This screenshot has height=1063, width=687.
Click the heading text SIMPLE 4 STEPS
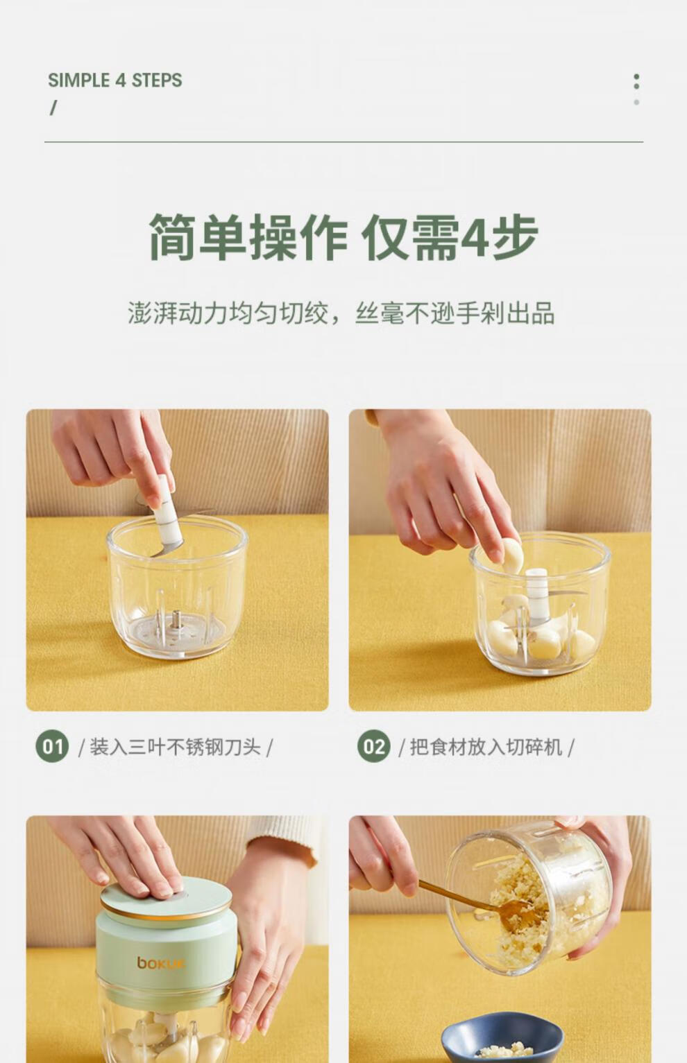(115, 80)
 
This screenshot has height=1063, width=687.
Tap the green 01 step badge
(52, 747)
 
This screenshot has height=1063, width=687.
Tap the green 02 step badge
(374, 747)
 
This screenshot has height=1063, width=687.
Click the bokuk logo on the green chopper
(155, 963)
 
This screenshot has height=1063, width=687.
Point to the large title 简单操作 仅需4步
(343, 237)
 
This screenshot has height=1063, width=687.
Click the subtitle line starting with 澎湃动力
(341, 313)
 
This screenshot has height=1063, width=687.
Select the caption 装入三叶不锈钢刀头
(175, 747)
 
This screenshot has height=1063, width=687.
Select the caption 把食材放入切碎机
(486, 747)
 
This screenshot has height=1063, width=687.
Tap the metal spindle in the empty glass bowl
(177, 619)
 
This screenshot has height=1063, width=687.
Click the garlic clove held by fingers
(512, 555)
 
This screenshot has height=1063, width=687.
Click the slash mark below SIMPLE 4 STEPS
(53, 107)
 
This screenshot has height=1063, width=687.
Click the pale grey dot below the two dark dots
(636, 102)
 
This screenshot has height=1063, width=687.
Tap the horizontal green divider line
(343, 142)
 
